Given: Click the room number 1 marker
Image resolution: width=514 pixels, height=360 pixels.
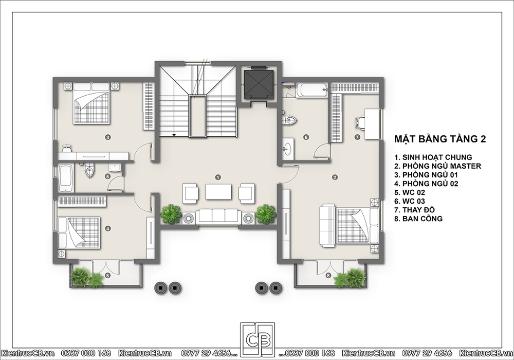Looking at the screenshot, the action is [218, 177].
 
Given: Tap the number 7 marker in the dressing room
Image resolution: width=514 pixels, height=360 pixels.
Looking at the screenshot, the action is [357, 137].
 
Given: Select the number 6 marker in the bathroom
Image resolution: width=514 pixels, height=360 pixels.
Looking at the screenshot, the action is [306, 137].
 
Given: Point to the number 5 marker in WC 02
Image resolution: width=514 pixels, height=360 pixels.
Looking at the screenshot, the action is [107, 176].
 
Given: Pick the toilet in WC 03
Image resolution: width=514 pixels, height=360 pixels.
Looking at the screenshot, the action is [289, 120].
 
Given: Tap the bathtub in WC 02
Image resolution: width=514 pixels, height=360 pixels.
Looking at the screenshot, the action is [66, 178].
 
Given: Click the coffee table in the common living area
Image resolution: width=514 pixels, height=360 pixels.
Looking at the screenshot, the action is [218, 191].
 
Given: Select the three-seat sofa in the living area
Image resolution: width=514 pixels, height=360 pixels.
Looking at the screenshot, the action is [218, 217].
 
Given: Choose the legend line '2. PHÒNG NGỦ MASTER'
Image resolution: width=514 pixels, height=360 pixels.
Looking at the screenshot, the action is [437, 166].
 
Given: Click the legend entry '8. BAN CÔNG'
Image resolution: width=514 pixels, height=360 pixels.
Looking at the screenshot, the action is [418, 219].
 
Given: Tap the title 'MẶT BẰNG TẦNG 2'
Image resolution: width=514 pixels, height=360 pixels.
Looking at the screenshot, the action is [440, 139].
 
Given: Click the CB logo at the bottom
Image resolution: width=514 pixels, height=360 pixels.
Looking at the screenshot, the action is [258, 340].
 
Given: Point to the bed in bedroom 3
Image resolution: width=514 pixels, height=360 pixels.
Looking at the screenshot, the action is [91, 103].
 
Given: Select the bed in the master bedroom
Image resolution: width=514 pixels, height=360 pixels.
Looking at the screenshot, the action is [349, 226].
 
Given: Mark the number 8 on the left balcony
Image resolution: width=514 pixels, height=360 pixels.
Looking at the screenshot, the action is [107, 276].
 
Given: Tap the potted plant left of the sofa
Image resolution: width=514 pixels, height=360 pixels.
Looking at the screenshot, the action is [171, 214].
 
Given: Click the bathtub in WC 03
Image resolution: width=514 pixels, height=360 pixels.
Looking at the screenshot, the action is [311, 90].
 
